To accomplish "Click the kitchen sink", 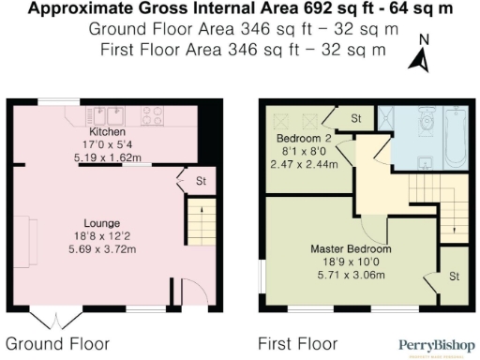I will coord(113,118).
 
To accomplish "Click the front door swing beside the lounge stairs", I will coord(188,292).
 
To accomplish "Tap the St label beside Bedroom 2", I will coord(355,119).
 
